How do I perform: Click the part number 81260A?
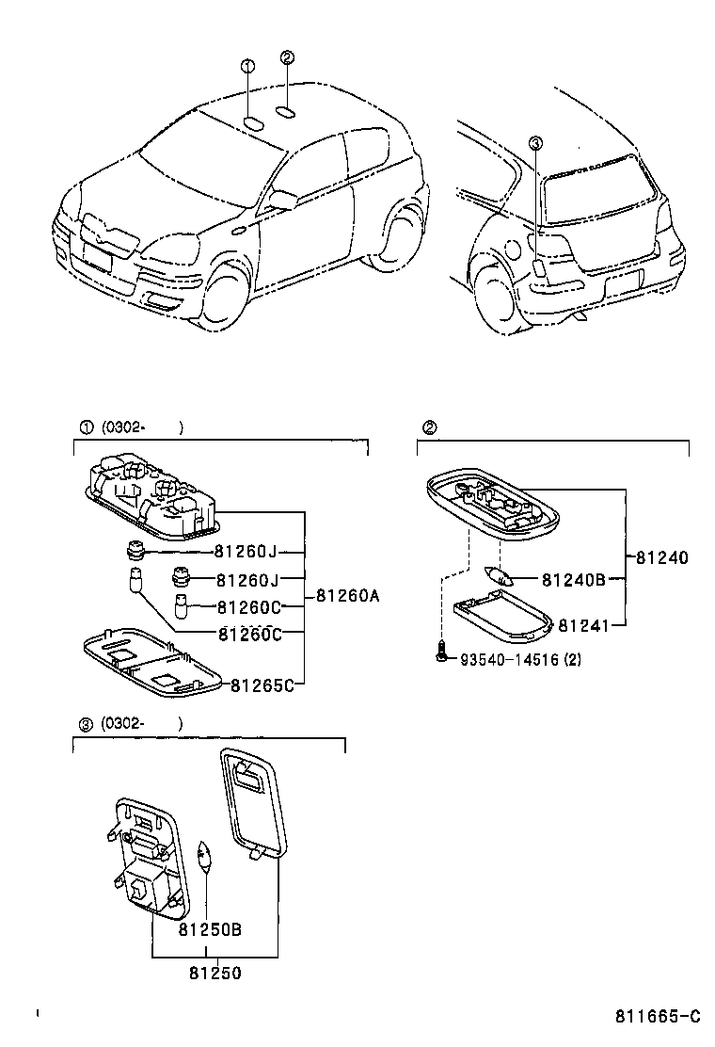[x=348, y=595]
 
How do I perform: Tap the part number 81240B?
[x=572, y=580]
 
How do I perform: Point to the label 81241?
[x=585, y=624]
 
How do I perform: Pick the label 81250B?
[x=210, y=930]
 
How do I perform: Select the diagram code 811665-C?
[x=659, y=1016]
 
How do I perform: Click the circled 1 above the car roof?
[x=247, y=66]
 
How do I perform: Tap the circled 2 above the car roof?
[x=288, y=57]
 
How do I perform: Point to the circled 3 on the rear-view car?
[x=535, y=143]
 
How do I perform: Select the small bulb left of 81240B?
[x=498, y=576]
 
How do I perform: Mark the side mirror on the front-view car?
[x=283, y=199]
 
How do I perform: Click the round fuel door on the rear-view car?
[x=511, y=250]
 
